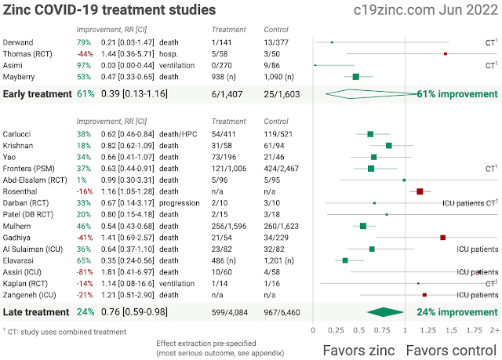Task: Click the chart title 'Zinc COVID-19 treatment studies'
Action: click(110, 11)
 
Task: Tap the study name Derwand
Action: click(17, 42)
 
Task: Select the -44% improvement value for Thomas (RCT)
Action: click(84, 53)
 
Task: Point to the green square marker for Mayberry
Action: click(356, 77)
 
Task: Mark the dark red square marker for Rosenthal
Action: click(420, 191)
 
